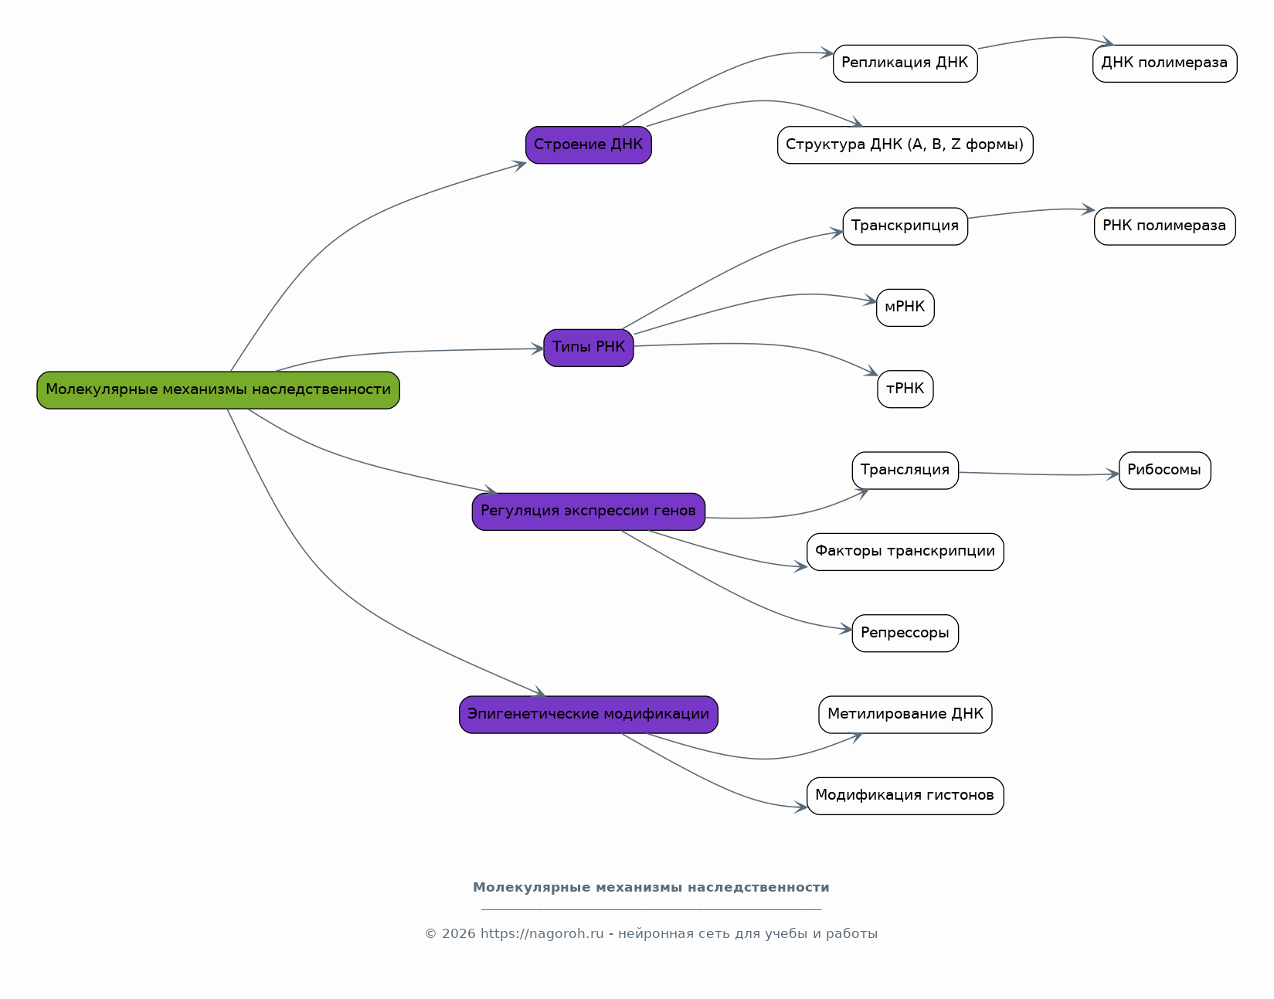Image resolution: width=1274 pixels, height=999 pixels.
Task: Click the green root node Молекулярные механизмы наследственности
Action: click(218, 390)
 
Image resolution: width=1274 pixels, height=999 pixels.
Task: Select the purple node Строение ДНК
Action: click(588, 144)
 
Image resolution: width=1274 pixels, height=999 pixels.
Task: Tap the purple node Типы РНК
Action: click(588, 348)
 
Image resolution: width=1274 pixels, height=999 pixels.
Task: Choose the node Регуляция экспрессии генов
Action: click(588, 511)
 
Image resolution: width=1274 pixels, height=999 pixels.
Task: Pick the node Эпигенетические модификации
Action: click(588, 715)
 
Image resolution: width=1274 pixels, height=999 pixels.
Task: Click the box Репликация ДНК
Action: click(905, 63)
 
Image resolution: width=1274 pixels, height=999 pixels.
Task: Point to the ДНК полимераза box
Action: click(1164, 63)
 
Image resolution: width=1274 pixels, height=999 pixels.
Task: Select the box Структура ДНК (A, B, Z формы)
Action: click(905, 144)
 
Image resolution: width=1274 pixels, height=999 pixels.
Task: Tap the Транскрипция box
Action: click(905, 226)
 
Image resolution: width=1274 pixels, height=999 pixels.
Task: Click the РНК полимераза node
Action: click(1164, 226)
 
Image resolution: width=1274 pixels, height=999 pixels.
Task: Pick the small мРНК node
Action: click(905, 308)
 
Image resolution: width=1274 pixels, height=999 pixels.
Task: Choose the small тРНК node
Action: click(905, 389)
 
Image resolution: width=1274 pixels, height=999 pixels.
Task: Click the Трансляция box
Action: click(905, 471)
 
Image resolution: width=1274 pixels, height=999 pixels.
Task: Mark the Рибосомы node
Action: click(1164, 471)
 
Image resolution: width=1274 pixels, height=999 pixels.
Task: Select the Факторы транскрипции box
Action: click(905, 552)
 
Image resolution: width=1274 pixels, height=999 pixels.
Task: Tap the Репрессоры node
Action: click(905, 634)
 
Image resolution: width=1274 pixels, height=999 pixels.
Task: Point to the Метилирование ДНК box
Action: click(905, 715)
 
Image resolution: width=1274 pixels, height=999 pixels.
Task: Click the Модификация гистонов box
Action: click(905, 796)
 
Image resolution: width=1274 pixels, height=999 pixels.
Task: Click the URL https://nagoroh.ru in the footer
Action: click(542, 934)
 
